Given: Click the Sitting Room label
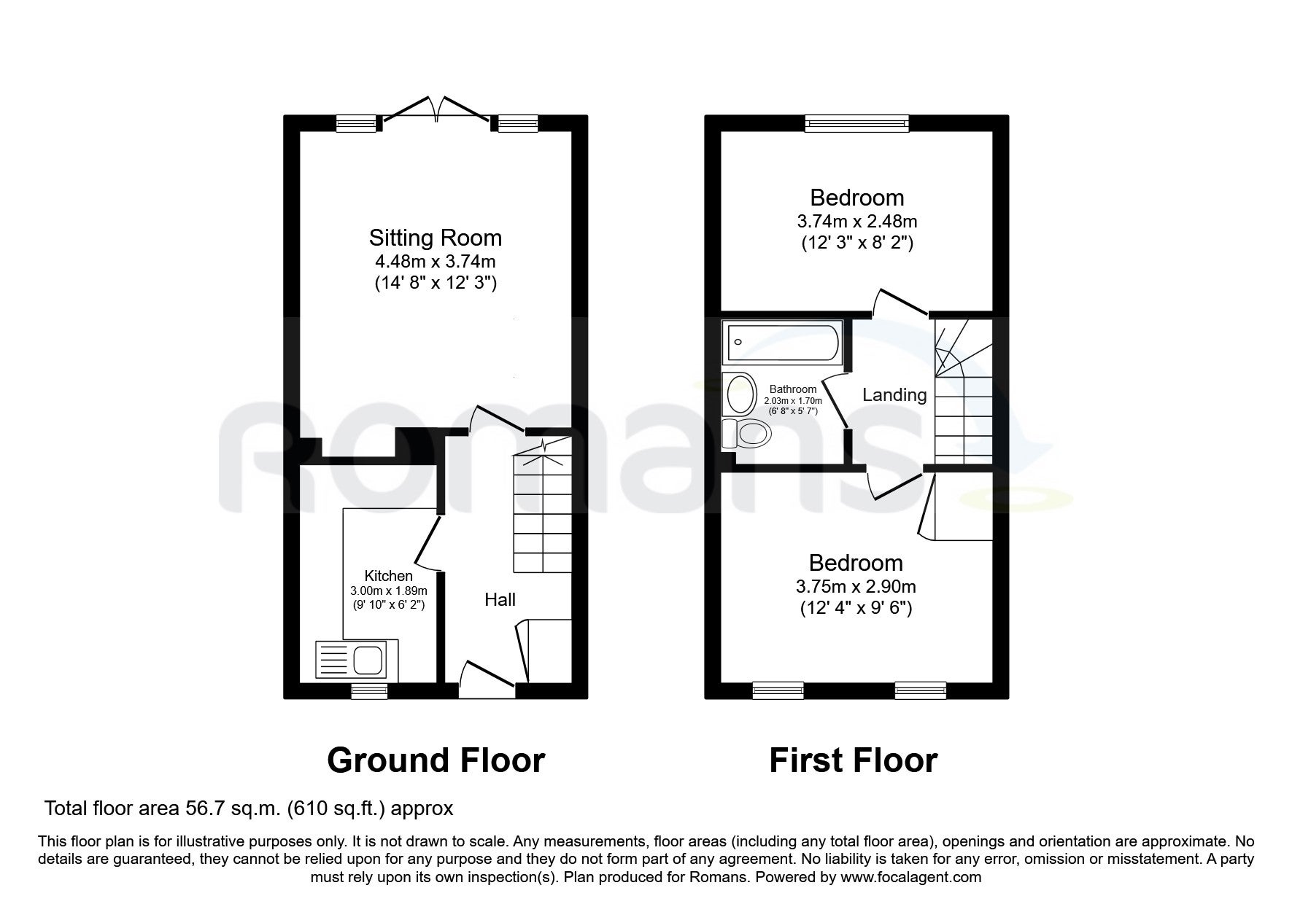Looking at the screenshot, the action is [436, 238].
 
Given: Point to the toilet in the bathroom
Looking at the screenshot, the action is [746, 434].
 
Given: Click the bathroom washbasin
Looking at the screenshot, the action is [741, 394].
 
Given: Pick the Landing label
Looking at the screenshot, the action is [894, 395].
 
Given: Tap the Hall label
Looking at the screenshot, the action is [500, 599].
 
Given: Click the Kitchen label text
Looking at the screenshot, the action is [389, 576].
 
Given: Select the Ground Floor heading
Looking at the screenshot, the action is [436, 760].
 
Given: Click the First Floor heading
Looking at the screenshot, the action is [853, 760].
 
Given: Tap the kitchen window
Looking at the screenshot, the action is [369, 691].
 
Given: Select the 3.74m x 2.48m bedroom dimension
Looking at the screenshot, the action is [856, 221].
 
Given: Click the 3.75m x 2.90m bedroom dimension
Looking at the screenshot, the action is [856, 586].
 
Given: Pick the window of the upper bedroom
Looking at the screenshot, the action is [856, 124].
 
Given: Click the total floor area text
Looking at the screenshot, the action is [249, 808].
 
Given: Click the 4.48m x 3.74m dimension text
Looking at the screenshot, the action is [436, 261].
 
